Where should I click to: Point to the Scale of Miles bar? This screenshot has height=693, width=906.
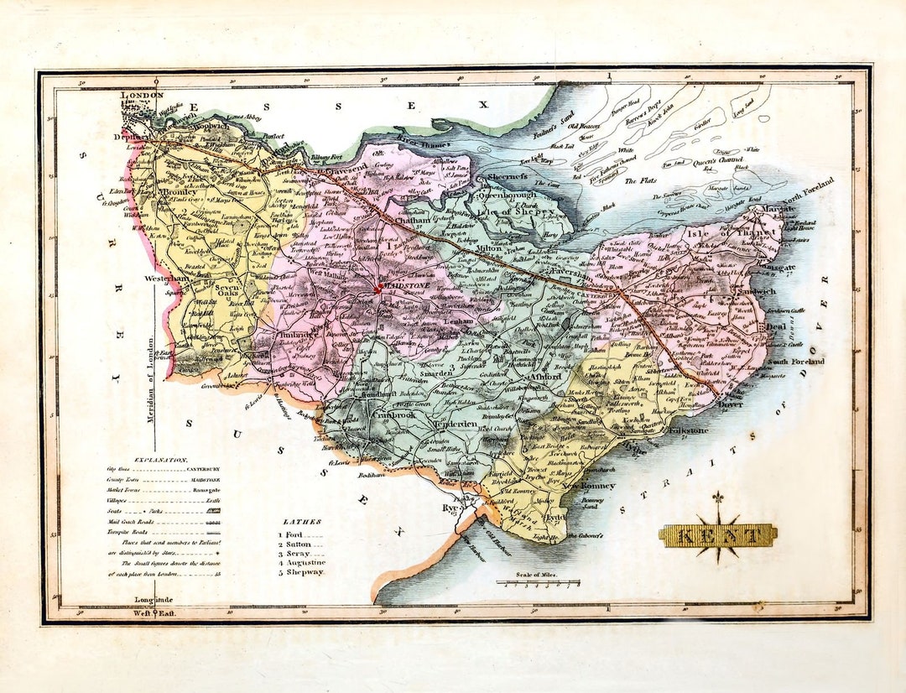click(x=538, y=581)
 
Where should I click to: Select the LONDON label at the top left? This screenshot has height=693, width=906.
click(x=143, y=96)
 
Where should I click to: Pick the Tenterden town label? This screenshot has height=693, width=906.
click(x=454, y=425)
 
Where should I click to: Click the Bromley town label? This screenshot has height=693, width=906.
click(x=178, y=192)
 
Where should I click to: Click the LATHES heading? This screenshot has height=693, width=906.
click(x=302, y=521)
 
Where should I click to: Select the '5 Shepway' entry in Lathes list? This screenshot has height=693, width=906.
click(x=300, y=571)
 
